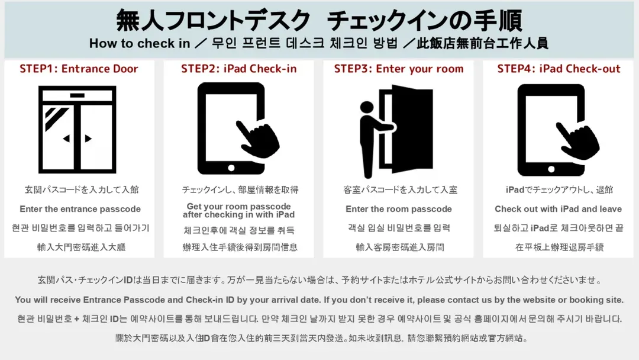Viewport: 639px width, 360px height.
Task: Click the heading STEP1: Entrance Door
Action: coord(79,69)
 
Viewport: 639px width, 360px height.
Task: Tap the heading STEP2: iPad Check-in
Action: coord(239,69)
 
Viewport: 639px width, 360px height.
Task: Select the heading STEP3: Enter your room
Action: coord(399,69)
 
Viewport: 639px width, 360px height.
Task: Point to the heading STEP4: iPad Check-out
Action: coord(559,69)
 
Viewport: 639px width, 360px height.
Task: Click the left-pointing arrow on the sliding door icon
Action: coord(66,139)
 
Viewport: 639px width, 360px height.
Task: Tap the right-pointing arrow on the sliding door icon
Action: coord(88,139)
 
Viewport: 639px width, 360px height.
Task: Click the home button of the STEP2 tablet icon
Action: coord(231,168)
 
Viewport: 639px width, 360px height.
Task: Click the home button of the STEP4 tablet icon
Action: coord(551,169)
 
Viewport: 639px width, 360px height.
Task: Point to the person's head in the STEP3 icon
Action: coord(367,107)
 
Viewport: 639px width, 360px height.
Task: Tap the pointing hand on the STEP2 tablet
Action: coord(258,139)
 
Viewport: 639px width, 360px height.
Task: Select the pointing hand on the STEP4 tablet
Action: coord(578,140)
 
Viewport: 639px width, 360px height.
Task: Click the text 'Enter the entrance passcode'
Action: coord(80,209)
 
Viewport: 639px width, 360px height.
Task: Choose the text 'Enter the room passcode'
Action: coord(399,209)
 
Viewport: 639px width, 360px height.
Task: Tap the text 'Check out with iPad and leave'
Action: coord(559,209)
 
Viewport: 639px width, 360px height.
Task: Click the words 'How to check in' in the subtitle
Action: coord(140,43)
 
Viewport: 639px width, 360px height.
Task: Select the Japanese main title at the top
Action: coord(319,20)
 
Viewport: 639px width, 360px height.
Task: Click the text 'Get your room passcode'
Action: coord(239,206)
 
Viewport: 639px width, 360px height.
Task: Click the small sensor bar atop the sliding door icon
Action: coord(78,95)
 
